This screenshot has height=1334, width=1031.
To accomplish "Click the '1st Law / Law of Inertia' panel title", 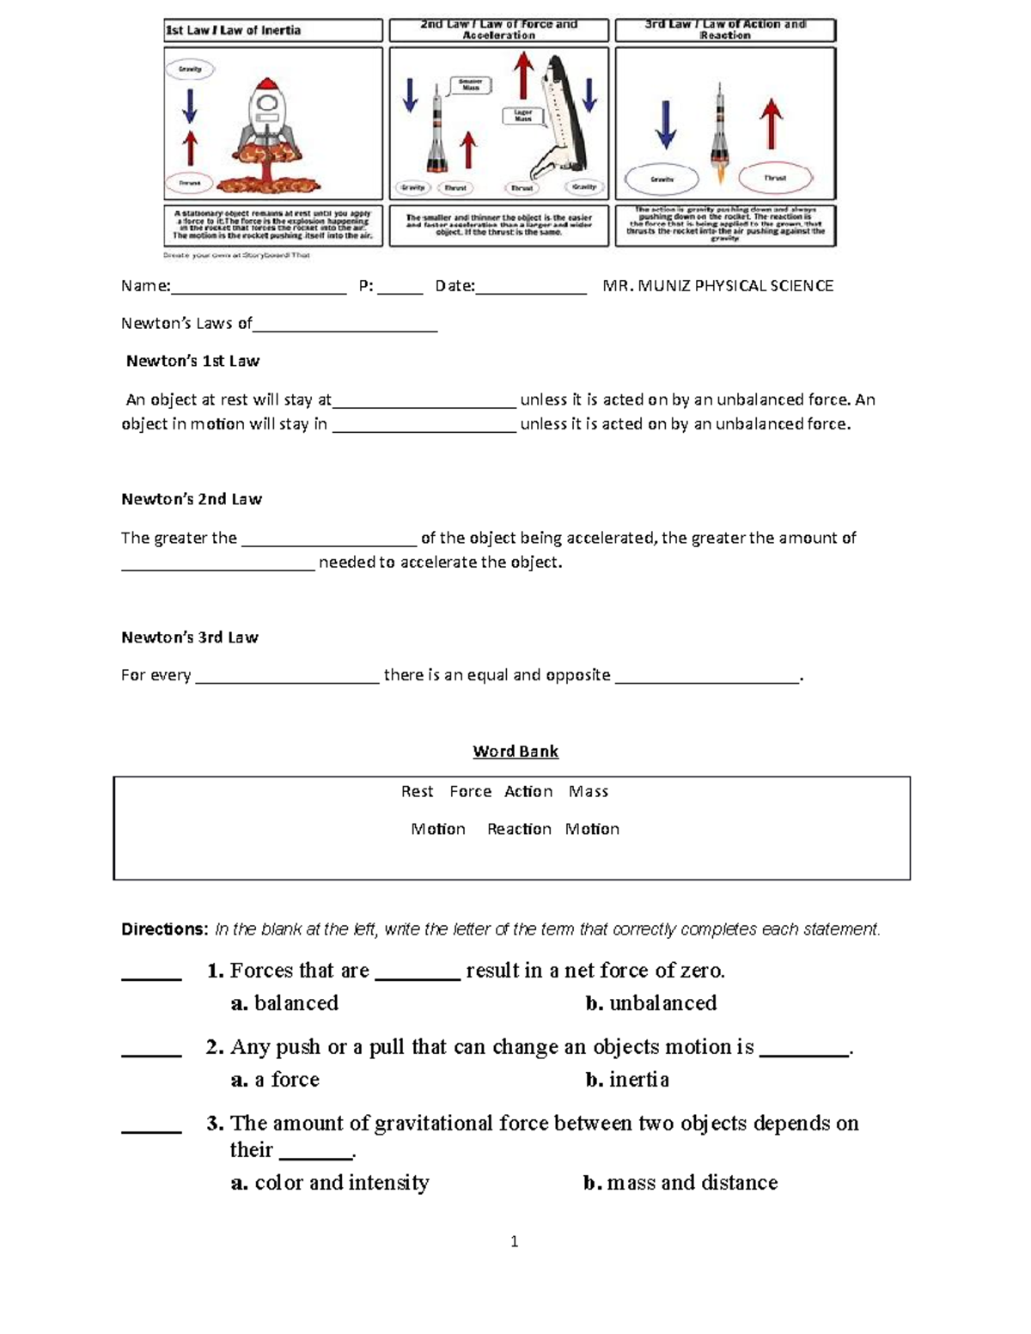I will (233, 30).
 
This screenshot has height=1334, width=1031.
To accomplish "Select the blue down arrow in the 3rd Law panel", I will (665, 124).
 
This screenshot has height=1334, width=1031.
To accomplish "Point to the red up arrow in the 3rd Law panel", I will (772, 124).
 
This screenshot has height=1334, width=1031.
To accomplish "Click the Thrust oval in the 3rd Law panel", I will (775, 178).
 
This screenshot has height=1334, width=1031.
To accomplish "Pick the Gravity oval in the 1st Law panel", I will (190, 69).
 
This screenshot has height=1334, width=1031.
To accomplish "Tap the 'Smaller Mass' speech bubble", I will (470, 85).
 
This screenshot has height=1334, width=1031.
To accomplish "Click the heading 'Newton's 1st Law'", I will (192, 361).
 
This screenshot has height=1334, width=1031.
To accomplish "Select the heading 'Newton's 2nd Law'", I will (191, 499).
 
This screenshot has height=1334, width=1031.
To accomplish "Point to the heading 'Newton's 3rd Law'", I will (189, 637).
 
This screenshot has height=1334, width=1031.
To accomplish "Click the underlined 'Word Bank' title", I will (515, 752).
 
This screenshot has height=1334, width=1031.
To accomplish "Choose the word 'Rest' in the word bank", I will (417, 791).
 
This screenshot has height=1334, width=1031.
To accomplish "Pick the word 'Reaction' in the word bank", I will (519, 829).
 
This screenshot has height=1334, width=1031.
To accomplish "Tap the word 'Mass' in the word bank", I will (589, 791).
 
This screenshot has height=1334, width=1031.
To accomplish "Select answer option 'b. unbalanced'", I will (651, 1003).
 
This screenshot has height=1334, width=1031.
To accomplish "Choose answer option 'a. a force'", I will (275, 1080).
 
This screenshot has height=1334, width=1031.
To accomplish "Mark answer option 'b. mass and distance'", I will (680, 1183).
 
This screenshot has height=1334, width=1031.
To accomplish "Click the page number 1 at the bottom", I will (514, 1241).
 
